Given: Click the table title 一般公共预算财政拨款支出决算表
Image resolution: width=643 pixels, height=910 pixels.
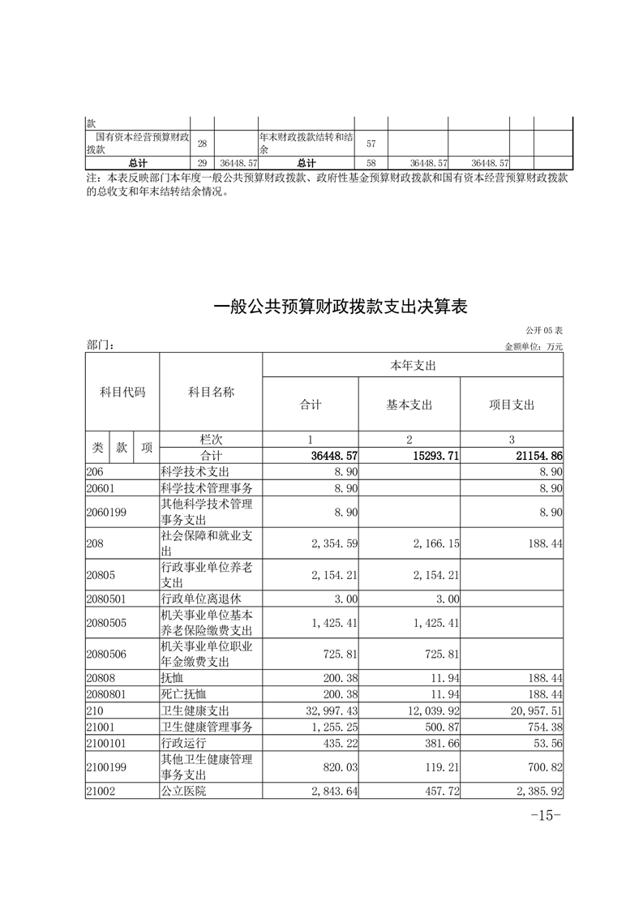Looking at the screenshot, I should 341,307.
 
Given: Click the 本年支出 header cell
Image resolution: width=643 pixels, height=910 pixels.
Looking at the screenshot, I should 413,366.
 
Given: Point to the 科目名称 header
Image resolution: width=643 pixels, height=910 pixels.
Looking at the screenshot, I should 211,392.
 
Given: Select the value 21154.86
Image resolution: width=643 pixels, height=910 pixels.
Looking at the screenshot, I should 538,456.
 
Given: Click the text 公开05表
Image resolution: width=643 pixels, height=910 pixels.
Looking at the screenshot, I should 544,332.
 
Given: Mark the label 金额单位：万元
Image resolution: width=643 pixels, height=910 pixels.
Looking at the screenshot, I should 534,346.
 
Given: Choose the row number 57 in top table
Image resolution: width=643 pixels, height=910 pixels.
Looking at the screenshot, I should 371,144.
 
